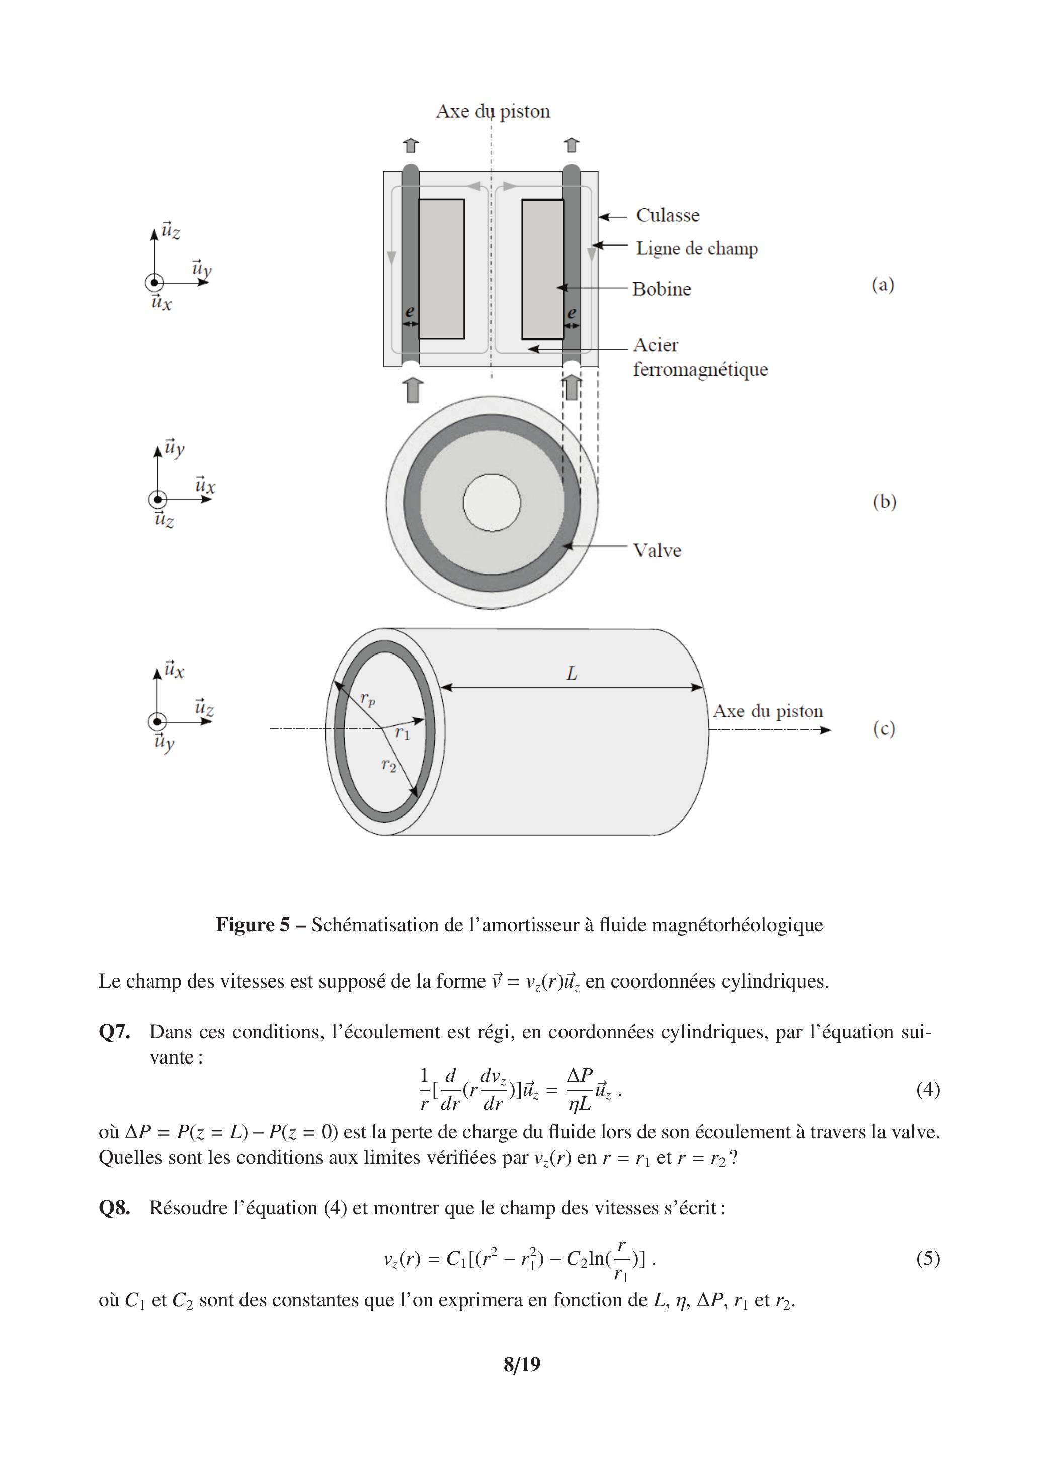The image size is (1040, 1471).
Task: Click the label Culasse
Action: (x=667, y=215)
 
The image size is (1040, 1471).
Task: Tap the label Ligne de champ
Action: (x=696, y=249)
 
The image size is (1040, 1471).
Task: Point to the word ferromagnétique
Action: (x=700, y=370)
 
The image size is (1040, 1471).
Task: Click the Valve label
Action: (x=657, y=550)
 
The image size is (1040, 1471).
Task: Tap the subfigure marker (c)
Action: (x=883, y=728)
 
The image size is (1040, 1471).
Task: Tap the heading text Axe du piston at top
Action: (x=493, y=112)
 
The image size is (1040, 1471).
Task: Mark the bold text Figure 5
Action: (x=253, y=925)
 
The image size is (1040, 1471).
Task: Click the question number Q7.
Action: (x=114, y=1032)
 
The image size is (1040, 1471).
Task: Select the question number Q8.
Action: (x=114, y=1208)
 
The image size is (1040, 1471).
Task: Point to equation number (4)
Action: (x=927, y=1089)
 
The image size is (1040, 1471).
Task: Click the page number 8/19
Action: (x=522, y=1365)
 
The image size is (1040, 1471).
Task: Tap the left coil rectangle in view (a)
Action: (x=441, y=269)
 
